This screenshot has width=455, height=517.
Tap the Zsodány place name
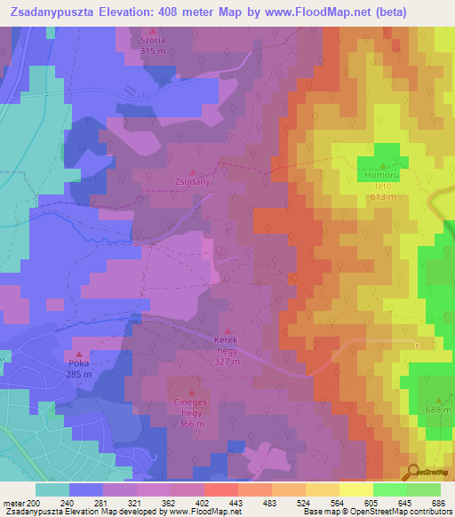pos(193,180)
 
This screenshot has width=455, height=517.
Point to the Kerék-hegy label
pos(228,344)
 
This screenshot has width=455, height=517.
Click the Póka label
pos(79,364)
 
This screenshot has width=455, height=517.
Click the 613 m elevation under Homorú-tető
pos(382,197)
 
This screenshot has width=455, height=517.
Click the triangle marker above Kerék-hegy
pos(228,330)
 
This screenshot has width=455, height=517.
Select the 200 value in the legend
pos(34,502)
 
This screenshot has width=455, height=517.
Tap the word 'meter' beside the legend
pos(13,502)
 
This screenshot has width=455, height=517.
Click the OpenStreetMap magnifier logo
pos(413,471)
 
